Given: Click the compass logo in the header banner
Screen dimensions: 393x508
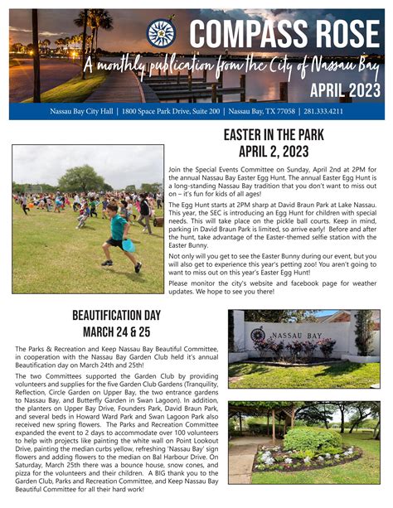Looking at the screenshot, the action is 162,33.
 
